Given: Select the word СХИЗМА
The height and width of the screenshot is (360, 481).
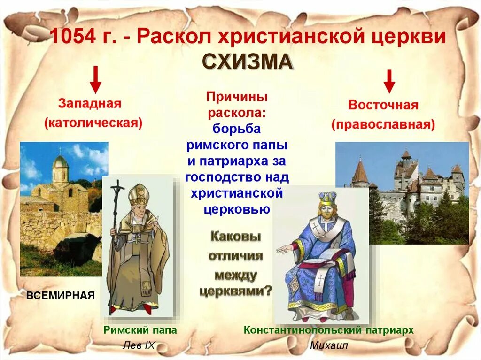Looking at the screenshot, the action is [248, 62].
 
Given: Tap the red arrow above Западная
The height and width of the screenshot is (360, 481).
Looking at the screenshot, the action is [95, 79].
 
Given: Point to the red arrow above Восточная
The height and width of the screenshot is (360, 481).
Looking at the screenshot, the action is [389, 81].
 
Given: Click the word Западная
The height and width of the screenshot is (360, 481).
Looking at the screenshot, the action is [90, 103].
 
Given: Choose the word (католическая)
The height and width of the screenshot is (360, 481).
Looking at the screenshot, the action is [93, 123].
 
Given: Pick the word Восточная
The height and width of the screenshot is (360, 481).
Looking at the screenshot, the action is [383, 105].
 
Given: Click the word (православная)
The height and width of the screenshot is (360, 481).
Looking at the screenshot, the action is [383, 124].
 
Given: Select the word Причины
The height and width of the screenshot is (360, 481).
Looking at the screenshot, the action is [237, 97].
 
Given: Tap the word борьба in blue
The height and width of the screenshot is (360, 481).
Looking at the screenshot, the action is [237, 129].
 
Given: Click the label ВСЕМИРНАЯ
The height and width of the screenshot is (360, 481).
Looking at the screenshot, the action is [61, 295].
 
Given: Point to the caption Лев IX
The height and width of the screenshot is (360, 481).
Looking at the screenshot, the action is [139, 345].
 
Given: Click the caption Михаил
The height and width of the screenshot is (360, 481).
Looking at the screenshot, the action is [329, 345].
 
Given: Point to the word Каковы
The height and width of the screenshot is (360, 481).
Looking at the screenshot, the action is [236, 237].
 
